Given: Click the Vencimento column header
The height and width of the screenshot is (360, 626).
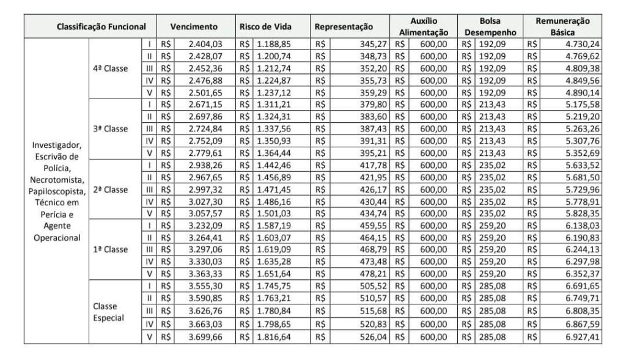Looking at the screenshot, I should pyautogui.click(x=194, y=27).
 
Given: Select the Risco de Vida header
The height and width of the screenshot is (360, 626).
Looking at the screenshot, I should pyautogui.click(x=265, y=27).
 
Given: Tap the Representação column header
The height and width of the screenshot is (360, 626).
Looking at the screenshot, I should pyautogui.click(x=344, y=27).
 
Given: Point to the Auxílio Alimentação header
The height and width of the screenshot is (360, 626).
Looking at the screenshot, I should pyautogui.click(x=424, y=27).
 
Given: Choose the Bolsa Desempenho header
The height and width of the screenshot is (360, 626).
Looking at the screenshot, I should pyautogui.click(x=490, y=27).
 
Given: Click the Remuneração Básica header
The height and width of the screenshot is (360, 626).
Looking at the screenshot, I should pyautogui.click(x=562, y=27).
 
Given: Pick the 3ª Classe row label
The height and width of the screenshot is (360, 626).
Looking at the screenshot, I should pyautogui.click(x=111, y=128).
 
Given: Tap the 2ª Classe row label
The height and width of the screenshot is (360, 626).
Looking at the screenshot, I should pyautogui.click(x=111, y=189).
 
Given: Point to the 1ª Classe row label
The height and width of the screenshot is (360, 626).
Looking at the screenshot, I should pyautogui.click(x=111, y=249).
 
